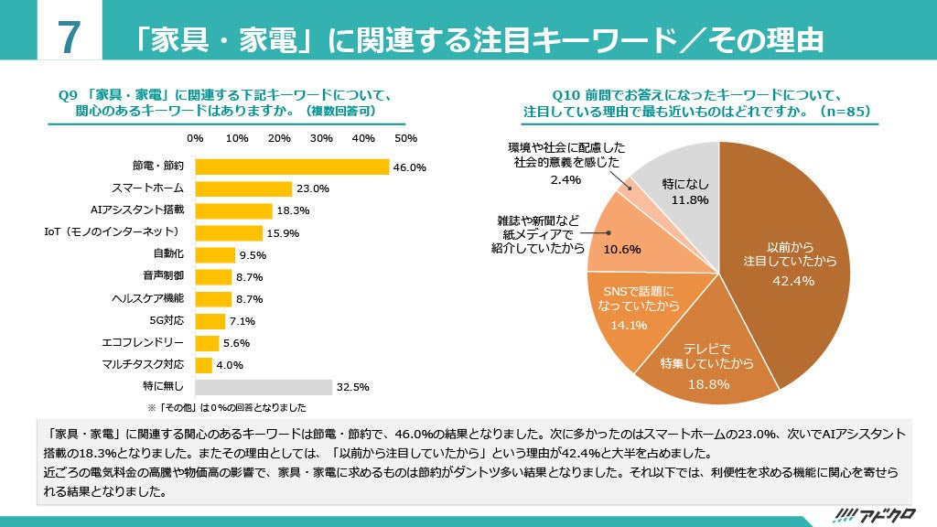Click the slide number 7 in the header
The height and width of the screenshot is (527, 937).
66,39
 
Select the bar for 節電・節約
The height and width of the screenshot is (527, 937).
292,167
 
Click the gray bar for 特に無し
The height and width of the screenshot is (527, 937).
264,387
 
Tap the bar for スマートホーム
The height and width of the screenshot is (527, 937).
243,188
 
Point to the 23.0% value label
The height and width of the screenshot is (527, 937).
313,189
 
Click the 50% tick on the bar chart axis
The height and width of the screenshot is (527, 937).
405,138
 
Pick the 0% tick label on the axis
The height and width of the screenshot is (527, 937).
195,138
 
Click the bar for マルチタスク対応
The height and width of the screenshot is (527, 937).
203,365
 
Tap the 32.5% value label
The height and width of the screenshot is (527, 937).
352,387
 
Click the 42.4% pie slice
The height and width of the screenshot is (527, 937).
787,265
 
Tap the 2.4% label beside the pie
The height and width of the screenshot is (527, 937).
566,179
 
